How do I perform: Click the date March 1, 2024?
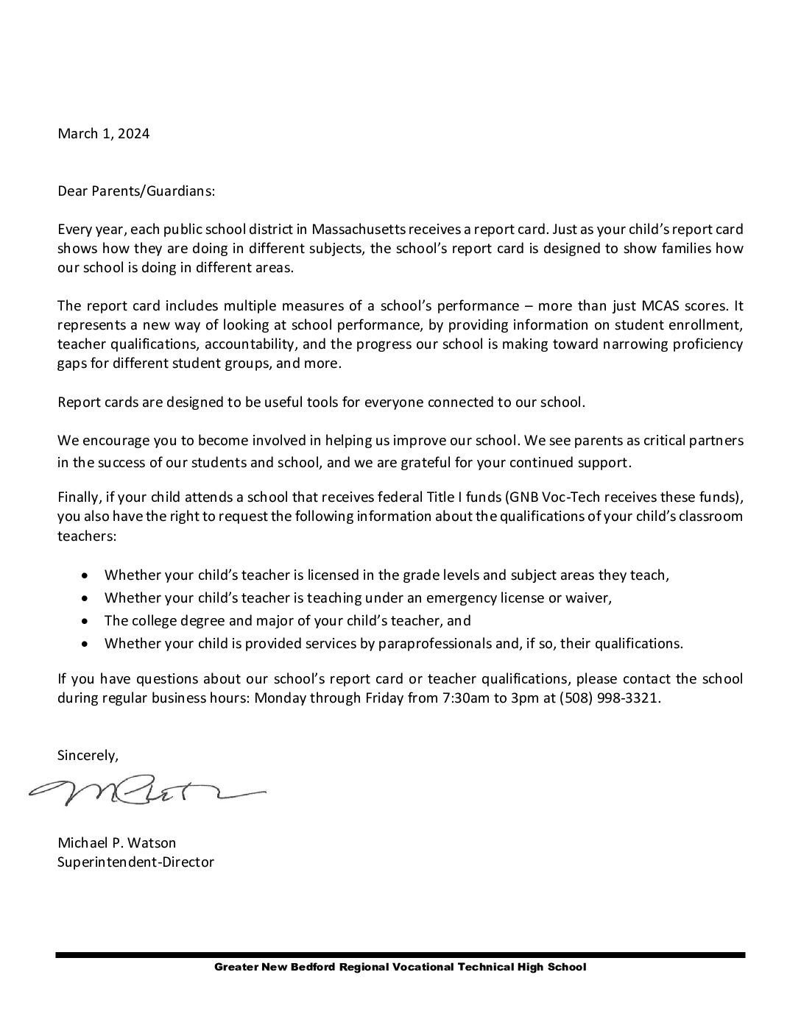[104, 134]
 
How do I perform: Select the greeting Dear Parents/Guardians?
[136, 191]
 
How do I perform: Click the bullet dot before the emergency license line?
[88, 597]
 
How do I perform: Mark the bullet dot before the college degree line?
[88, 620]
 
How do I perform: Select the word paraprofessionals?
[435, 644]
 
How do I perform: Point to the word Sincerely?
[88, 756]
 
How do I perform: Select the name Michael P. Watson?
[117, 843]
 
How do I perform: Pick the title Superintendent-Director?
[135, 862]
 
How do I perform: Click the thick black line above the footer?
[400, 955]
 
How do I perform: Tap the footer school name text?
[400, 968]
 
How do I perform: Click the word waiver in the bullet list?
[591, 598]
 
